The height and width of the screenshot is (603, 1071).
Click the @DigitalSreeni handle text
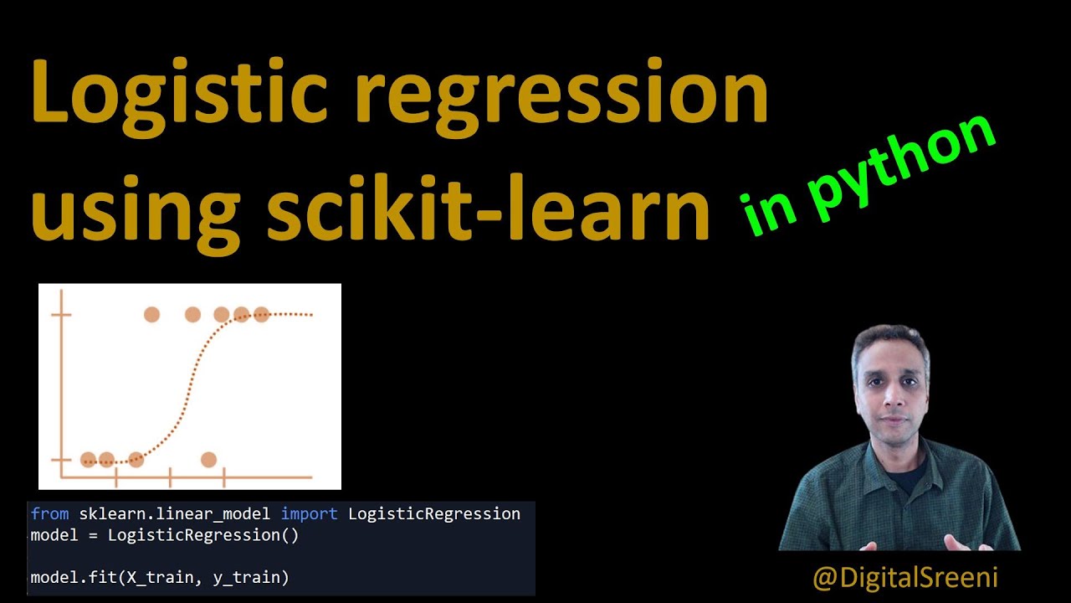[x=904, y=577]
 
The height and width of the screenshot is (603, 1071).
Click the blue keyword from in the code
[x=51, y=513]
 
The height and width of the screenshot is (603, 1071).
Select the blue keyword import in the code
[x=309, y=513]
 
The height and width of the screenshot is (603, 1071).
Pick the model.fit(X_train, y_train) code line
[x=159, y=577]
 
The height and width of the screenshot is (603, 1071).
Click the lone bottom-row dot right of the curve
[x=208, y=459]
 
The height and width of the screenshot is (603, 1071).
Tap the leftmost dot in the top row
[x=151, y=315]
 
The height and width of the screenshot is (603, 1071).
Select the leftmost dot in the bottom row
[x=88, y=459]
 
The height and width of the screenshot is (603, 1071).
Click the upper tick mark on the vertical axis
[x=61, y=315]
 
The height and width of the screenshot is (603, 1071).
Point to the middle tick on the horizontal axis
[x=170, y=478]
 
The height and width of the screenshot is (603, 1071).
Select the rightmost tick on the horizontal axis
[x=223, y=478]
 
